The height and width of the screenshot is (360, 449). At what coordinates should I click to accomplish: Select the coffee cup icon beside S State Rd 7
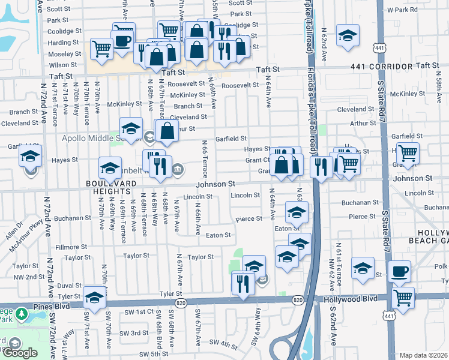pyautogui.click(x=399, y=272)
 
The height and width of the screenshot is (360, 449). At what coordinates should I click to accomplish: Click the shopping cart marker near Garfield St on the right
pyautogui.click(x=408, y=154)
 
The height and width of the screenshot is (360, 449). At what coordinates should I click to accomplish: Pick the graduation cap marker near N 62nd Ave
pyautogui.click(x=348, y=35)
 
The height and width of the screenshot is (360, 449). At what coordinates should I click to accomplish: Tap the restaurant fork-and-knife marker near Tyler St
pyautogui.click(x=243, y=283)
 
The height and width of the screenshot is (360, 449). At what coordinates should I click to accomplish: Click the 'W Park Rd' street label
pyautogui.click(x=402, y=10)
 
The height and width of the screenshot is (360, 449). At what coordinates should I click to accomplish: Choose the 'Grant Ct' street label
pyautogui.click(x=258, y=160)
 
